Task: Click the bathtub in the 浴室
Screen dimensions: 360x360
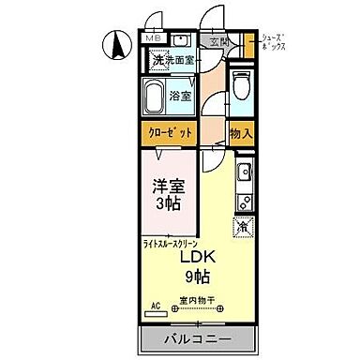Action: (154, 94)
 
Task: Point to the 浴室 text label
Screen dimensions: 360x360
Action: (180, 94)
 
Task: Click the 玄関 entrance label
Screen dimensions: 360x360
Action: (217, 43)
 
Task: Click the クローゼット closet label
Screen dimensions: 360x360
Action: (169, 132)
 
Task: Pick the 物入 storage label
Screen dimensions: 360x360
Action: (241, 133)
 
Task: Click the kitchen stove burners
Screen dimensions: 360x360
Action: (245, 199)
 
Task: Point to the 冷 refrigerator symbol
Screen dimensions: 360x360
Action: (243, 226)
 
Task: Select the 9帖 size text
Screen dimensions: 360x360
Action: (197, 277)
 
